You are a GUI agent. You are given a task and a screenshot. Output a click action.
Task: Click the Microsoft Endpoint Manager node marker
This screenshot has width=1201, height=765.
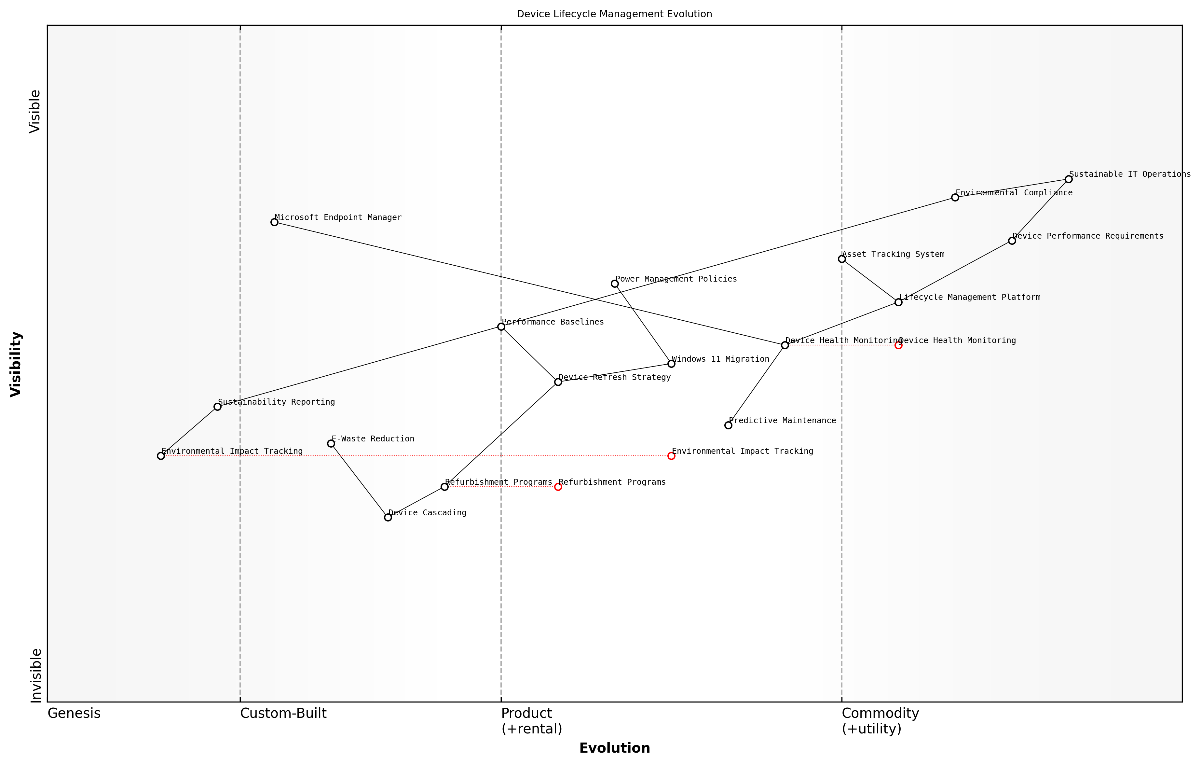click(x=274, y=222)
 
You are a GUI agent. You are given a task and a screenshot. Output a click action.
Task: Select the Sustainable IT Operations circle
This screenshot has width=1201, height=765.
click(x=1068, y=179)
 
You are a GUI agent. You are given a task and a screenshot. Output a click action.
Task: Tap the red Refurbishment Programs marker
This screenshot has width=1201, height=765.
click(x=558, y=487)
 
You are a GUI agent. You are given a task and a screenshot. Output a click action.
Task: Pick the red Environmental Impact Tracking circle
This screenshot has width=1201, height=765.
click(x=671, y=456)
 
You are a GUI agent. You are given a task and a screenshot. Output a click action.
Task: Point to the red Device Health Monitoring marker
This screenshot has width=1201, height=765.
click(x=898, y=345)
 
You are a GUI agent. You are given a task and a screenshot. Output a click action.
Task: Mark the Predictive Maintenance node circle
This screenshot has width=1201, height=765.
click(x=728, y=425)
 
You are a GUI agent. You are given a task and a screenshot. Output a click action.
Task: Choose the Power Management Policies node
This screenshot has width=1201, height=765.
click(x=615, y=284)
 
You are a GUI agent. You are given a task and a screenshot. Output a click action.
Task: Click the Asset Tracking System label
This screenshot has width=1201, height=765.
click(x=893, y=254)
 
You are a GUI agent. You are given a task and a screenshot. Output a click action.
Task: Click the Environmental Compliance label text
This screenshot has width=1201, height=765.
click(x=1014, y=193)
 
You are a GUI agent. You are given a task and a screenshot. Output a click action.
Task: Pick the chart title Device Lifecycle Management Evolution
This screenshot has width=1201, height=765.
click(x=614, y=14)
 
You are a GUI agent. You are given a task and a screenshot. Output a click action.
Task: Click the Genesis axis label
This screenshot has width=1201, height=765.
click(x=74, y=713)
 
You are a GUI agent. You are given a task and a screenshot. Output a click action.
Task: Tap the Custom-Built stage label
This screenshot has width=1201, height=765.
click(x=283, y=713)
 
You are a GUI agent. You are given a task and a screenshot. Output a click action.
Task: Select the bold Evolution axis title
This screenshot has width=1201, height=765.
click(x=614, y=748)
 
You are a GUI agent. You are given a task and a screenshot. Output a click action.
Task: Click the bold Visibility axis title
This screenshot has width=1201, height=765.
click(x=16, y=364)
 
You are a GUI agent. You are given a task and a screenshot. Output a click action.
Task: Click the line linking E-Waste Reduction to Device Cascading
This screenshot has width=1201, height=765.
click(x=360, y=480)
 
